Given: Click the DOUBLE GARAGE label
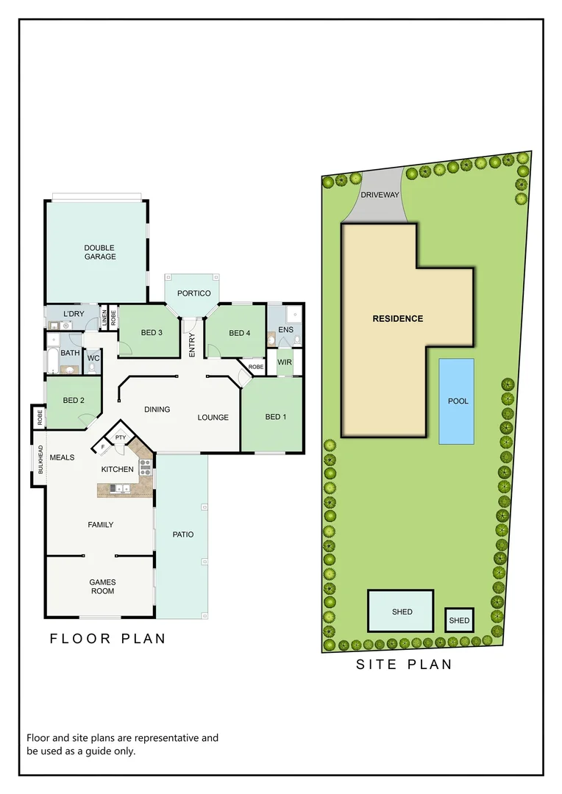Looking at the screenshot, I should tap(99, 252).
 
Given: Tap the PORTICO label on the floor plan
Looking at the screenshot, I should tap(193, 293).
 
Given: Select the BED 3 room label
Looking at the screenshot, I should tap(151, 333).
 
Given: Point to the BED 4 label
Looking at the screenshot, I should tap(240, 333).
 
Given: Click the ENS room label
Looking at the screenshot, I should tap(285, 330).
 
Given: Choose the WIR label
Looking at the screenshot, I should tap(285, 362).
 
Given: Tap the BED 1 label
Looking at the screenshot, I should tap(275, 417).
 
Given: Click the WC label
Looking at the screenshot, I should tap(93, 359).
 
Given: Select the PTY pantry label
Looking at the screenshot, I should tap(121, 438).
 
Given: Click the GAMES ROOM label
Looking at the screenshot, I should tap(103, 587).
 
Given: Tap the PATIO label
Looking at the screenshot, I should tap(183, 534).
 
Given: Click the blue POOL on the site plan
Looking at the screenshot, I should tap(458, 401).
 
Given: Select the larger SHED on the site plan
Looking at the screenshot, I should tap(402, 612).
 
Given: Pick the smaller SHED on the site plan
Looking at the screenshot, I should tap(459, 620).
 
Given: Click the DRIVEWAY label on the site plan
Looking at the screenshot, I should tap(380, 195).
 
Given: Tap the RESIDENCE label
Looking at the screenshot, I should tap(397, 318).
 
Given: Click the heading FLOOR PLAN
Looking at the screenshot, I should tap(107, 639).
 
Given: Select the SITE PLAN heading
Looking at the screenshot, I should tap(404, 665).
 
